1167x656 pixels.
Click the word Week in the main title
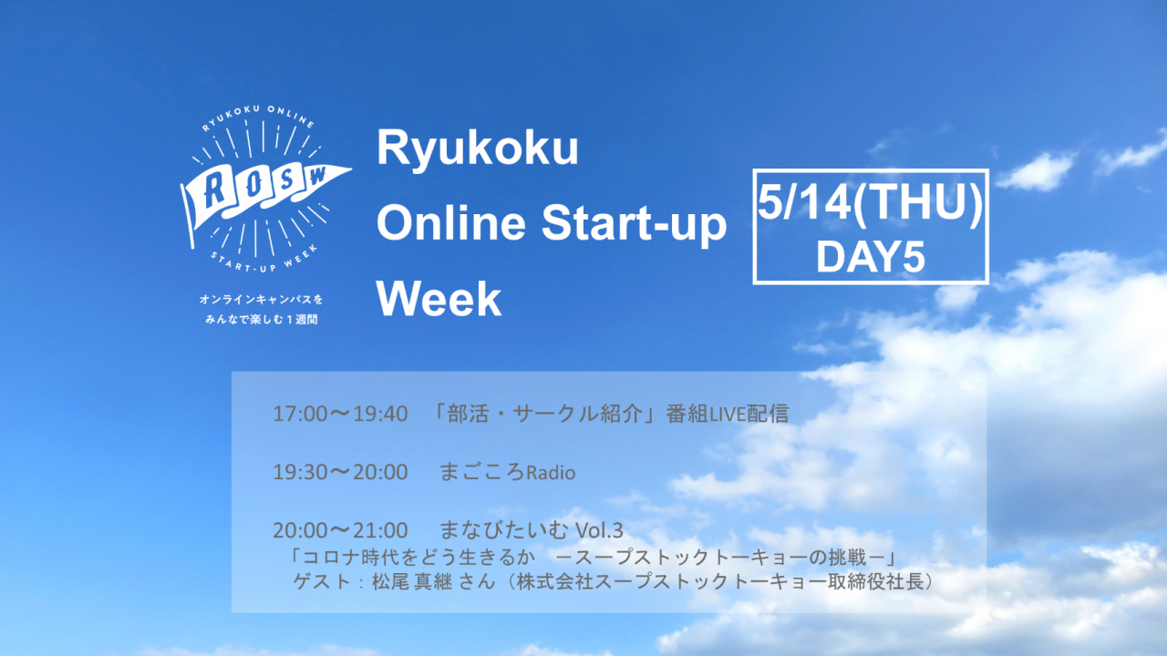click(439, 299)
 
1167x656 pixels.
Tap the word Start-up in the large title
click(634, 225)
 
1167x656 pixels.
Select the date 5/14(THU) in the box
click(870, 202)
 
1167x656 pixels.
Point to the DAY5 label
click(870, 257)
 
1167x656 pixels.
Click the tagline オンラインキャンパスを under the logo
click(261, 300)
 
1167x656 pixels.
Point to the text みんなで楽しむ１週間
click(261, 319)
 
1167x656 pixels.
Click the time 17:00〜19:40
click(340, 415)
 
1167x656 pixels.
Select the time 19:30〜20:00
click(340, 473)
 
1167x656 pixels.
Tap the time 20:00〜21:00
click(340, 530)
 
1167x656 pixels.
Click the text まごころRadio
click(508, 472)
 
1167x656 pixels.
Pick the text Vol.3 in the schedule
click(599, 530)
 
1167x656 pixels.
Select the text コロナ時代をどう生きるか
click(418, 558)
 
